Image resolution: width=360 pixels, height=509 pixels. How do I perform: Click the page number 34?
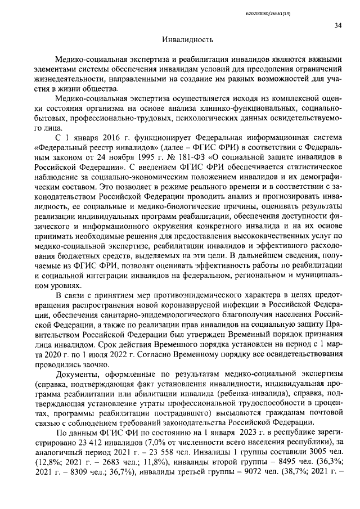338,25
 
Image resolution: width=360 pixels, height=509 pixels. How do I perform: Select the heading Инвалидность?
187,40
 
